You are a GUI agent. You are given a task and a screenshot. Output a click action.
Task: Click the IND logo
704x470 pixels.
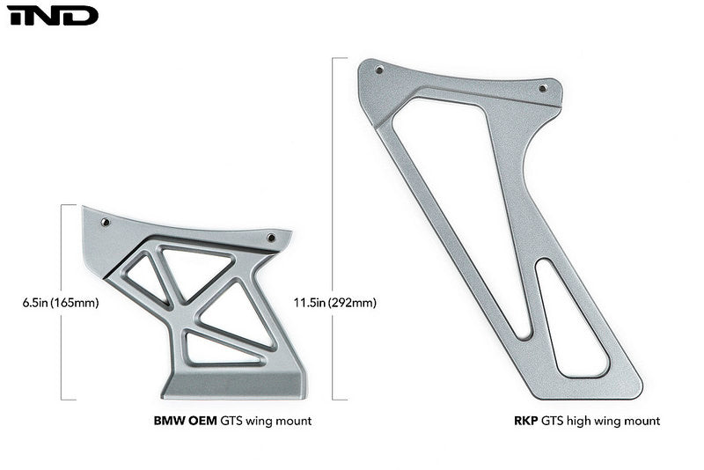click(x=52, y=15)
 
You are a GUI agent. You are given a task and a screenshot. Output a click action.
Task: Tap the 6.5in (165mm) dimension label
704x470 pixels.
click(x=61, y=303)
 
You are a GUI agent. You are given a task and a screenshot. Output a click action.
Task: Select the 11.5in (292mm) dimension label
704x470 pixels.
click(x=335, y=303)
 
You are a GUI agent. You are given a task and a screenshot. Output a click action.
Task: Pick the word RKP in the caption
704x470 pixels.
click(x=526, y=422)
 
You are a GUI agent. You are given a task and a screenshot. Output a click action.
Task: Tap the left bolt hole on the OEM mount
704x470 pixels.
click(x=106, y=223)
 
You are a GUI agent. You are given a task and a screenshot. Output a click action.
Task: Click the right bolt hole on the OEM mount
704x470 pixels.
click(x=270, y=238)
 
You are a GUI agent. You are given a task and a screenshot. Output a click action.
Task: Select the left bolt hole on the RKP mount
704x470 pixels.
click(x=379, y=71)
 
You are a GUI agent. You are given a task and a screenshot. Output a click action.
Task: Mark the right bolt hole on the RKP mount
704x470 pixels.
click(x=542, y=88)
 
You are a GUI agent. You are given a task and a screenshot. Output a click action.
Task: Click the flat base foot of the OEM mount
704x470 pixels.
click(x=233, y=385)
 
